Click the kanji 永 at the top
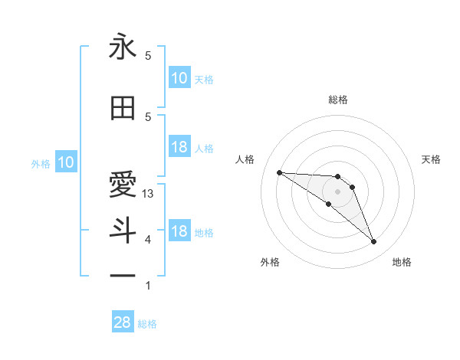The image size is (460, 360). pyautogui.click(x=123, y=47)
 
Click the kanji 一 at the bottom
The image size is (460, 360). pyautogui.click(x=123, y=274)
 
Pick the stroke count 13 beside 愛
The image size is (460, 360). pyautogui.click(x=149, y=194)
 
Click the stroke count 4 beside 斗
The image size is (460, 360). pyautogui.click(x=148, y=240)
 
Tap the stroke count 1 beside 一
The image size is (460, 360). pyautogui.click(x=148, y=286)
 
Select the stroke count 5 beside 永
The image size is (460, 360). pyautogui.click(x=148, y=56)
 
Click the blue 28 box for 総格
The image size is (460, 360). pyautogui.click(x=123, y=322)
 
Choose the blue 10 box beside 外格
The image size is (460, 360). pyautogui.click(x=65, y=162)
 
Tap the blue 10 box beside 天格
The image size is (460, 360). pyautogui.click(x=179, y=78)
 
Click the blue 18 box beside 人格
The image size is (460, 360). pyautogui.click(x=179, y=147)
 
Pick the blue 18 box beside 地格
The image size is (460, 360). pyautogui.click(x=179, y=231)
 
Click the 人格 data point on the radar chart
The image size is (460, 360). pyautogui.click(x=279, y=172)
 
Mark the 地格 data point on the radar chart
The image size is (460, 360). pyautogui.click(x=373, y=242)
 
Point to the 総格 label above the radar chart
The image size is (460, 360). pyautogui.click(x=337, y=100)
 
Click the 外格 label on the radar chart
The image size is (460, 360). pyautogui.click(x=270, y=262)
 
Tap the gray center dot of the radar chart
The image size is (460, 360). pyautogui.click(x=337, y=191)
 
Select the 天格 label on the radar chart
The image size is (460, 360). pyautogui.click(x=431, y=159)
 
